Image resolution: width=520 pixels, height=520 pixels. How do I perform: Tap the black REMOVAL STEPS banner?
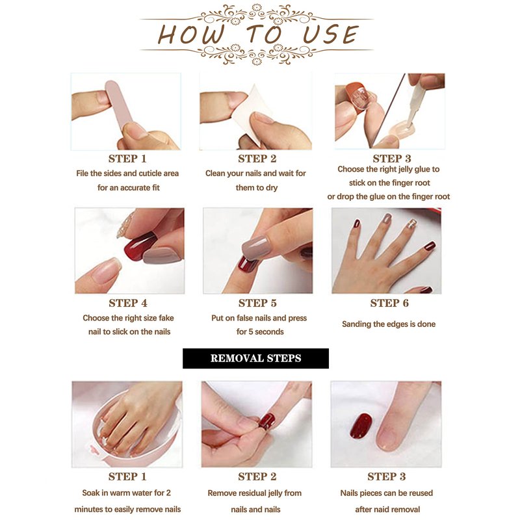pyautogui.click(x=255, y=358)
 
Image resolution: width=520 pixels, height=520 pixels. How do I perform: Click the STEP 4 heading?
pyautogui.click(x=128, y=303)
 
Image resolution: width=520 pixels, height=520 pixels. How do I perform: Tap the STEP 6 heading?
pyautogui.click(x=389, y=303)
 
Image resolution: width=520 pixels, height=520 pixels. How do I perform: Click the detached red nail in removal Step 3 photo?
pyautogui.click(x=361, y=426)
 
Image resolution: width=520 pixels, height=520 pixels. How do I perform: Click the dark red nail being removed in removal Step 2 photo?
pyautogui.click(x=267, y=421)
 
